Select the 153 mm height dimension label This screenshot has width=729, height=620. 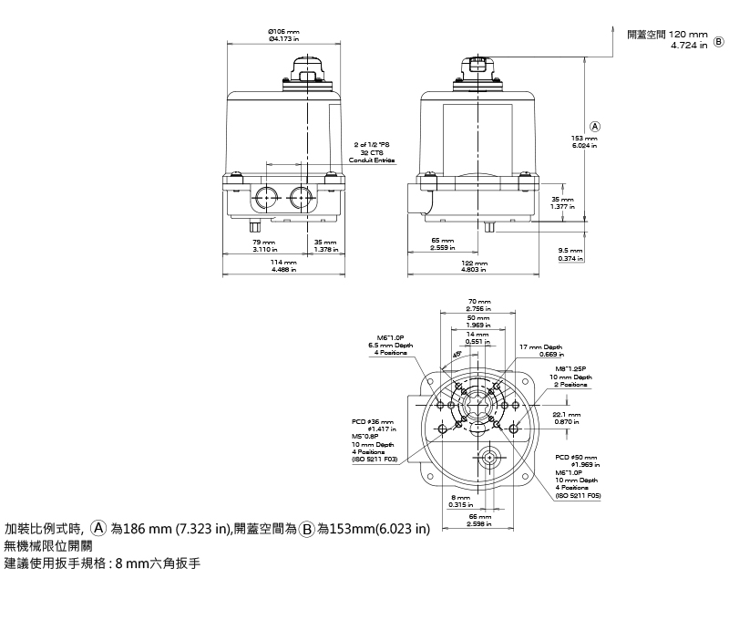(x=584, y=138)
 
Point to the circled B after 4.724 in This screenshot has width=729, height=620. (x=718, y=41)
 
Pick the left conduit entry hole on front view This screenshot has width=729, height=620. (x=267, y=196)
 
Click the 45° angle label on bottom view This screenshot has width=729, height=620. (x=456, y=356)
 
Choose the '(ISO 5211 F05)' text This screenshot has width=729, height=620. (x=576, y=494)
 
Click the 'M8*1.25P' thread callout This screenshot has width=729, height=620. (x=574, y=368)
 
